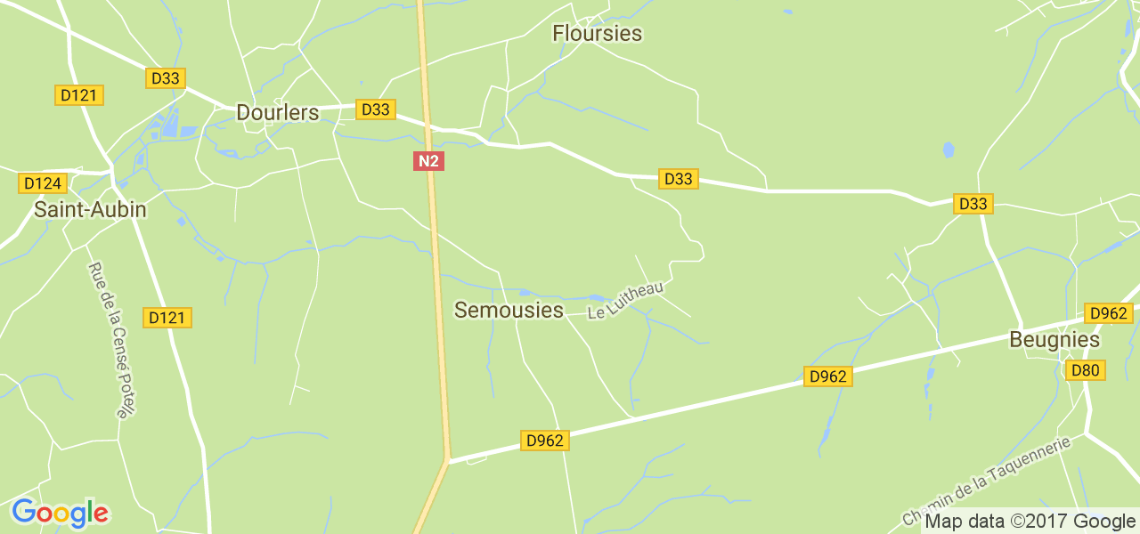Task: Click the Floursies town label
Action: [x=597, y=34]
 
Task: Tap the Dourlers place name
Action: [x=277, y=113]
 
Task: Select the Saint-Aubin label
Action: [x=90, y=210]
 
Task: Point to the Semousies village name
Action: [x=509, y=310]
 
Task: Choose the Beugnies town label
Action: [x=1054, y=340]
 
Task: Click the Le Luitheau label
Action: [x=626, y=299]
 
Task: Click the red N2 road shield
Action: [x=428, y=161]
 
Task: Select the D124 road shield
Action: [x=43, y=183]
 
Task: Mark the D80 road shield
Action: [x=1086, y=370]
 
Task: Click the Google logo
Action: [x=60, y=514]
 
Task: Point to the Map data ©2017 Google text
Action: [x=1029, y=522]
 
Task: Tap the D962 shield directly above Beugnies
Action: [x=1109, y=313]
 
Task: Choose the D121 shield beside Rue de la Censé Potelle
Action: [x=167, y=318]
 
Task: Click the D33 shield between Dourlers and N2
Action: [x=375, y=109]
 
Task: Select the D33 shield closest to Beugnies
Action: [x=973, y=204]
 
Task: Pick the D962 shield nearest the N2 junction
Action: [x=545, y=441]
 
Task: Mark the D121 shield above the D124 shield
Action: [x=80, y=95]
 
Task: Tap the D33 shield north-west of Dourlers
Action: [x=165, y=78]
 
